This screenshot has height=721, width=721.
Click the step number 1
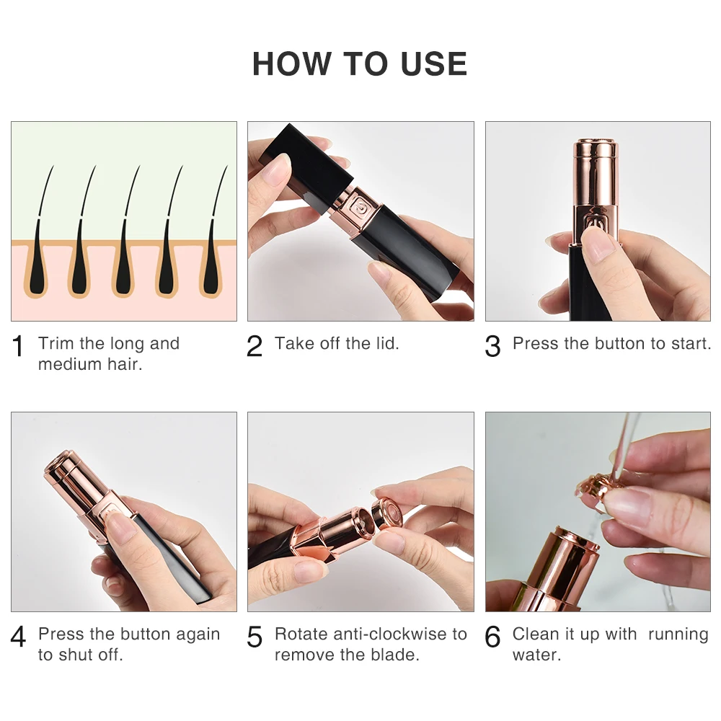click(19, 347)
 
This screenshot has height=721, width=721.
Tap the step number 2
click(255, 347)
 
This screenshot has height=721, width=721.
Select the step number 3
click(492, 347)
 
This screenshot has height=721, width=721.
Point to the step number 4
click(19, 637)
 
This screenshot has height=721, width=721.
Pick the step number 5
click(255, 637)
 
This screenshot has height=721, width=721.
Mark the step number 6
click(492, 637)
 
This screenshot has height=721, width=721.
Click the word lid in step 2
click(384, 343)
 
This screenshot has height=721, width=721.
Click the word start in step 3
click(691, 343)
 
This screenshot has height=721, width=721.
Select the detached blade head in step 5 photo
click(390, 514)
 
